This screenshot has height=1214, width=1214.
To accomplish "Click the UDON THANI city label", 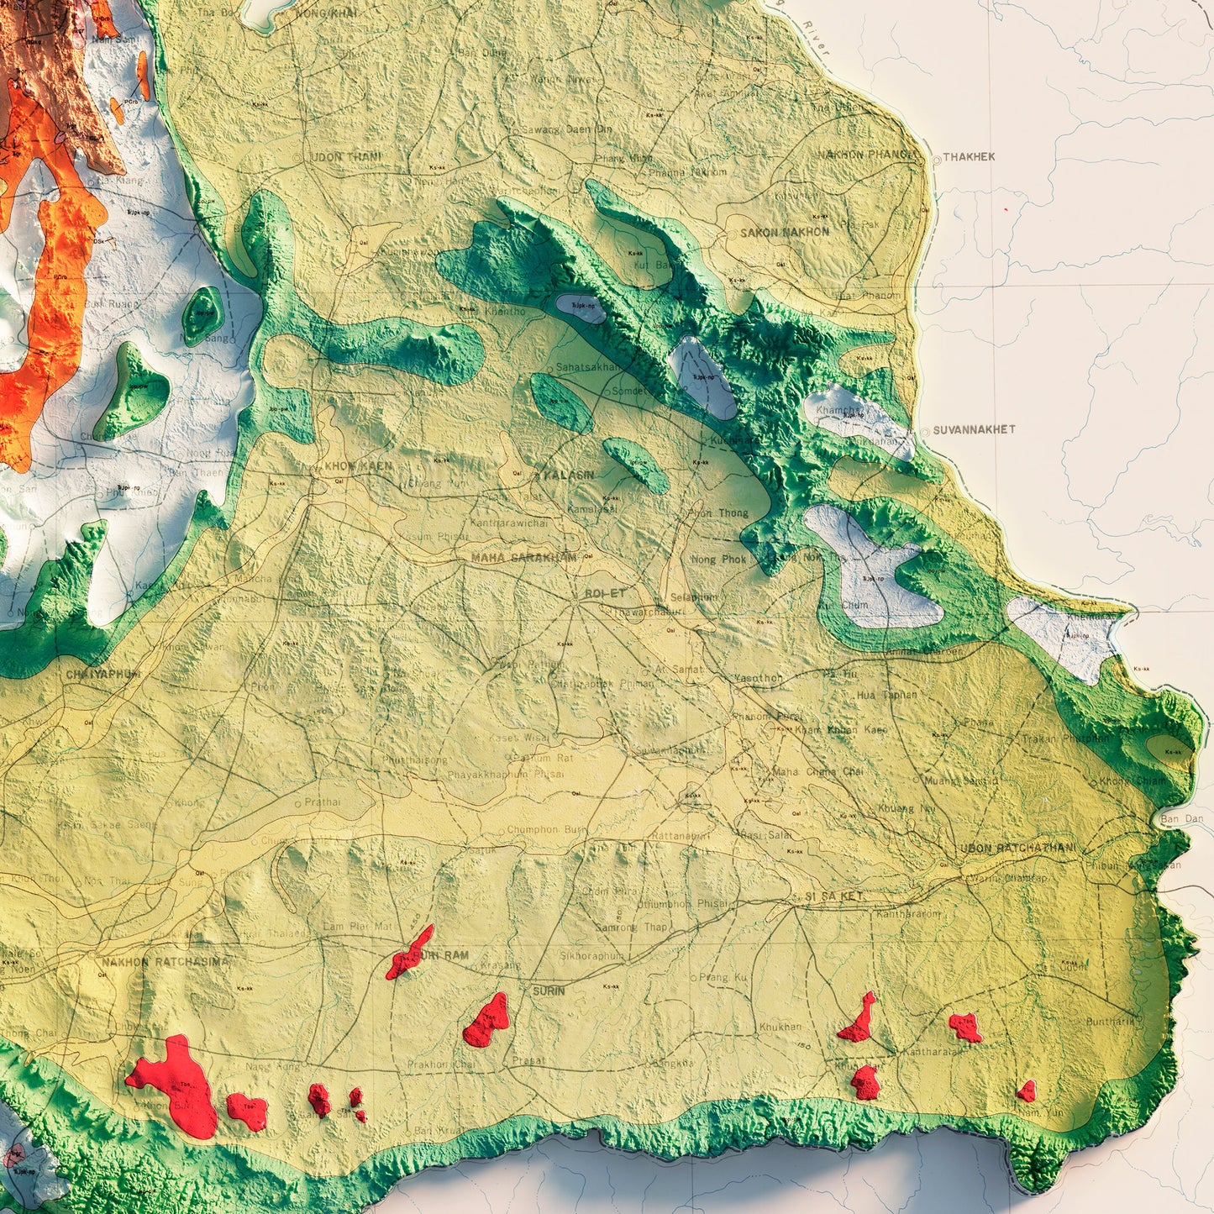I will [345, 157].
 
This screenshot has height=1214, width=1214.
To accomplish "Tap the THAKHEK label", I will [969, 157].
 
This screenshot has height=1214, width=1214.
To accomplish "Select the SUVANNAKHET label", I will [974, 429].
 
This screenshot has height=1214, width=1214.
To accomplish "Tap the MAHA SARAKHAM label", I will [524, 558].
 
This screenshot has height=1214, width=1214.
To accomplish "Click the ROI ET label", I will [606, 593].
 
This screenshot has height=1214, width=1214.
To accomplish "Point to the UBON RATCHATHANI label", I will [1017, 849].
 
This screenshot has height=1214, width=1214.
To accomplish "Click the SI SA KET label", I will [834, 896].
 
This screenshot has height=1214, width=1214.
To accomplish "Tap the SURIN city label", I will [549, 991].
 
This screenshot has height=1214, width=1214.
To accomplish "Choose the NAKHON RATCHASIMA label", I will [164, 962].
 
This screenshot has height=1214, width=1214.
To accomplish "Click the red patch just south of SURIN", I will [487, 1022].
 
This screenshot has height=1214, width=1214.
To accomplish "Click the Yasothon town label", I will [758, 677].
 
